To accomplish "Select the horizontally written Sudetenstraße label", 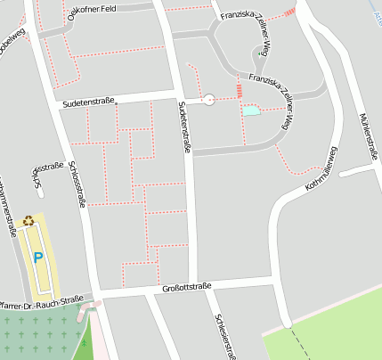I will pos(87,102).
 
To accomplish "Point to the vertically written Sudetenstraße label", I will pos(184,127).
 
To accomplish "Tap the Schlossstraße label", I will pos(77,184).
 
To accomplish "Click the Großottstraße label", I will pos(187,287).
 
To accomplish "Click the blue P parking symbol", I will pos(37,258).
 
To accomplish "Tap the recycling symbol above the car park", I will pos(28,220).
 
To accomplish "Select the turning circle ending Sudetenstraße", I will pos(209,100).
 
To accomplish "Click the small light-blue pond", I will pos(252,110).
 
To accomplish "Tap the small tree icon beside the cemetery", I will pos(85,343).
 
